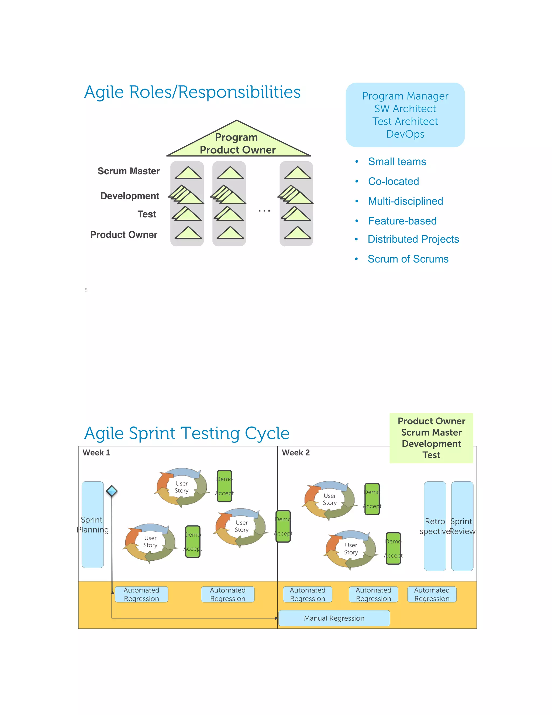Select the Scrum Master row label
click(x=129, y=171)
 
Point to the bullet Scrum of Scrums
click(x=408, y=259)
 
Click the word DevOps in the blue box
click(x=405, y=134)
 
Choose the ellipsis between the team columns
click(x=264, y=211)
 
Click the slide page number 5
click(x=86, y=290)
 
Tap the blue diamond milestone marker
click(x=112, y=491)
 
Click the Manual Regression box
click(x=334, y=618)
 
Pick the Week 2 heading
click(x=296, y=452)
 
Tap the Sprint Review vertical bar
click(x=462, y=526)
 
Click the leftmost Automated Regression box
click(x=141, y=594)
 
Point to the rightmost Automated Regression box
click(x=432, y=594)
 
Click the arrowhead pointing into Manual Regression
click(x=276, y=618)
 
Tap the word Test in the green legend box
click(x=431, y=455)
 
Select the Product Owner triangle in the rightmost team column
click(x=297, y=233)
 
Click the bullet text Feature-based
click(x=402, y=221)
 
